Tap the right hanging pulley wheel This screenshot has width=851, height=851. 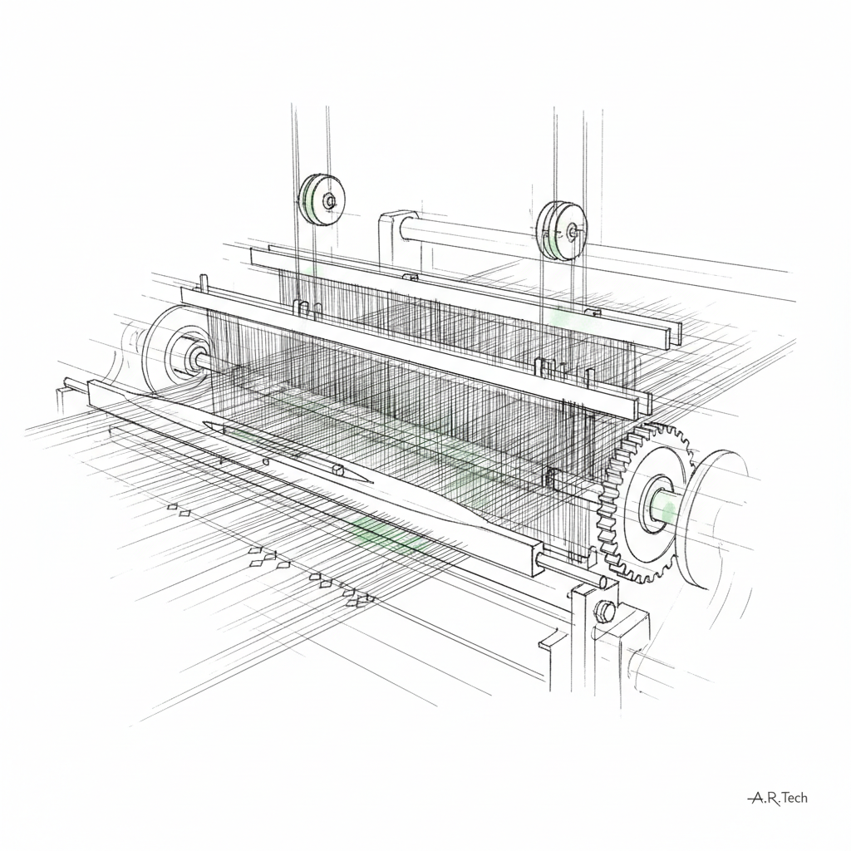(563, 231)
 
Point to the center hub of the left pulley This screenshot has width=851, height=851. (329, 201)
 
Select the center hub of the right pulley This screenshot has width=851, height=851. (572, 232)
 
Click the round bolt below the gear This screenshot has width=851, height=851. (605, 610)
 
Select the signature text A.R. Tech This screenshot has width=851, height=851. (777, 797)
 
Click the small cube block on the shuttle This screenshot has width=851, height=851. (338, 469)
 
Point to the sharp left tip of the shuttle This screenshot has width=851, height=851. (202, 423)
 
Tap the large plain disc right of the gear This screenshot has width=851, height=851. (712, 519)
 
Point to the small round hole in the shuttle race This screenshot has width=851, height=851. (265, 462)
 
